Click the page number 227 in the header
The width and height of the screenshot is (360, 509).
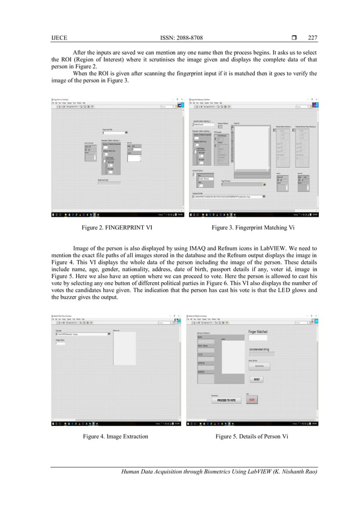[313, 38]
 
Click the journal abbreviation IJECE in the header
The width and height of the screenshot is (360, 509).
[58, 38]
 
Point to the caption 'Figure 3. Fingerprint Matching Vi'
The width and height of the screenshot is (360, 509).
[252, 227]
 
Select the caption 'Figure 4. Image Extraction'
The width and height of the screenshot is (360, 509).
[116, 436]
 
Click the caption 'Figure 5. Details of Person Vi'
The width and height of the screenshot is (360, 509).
[252, 436]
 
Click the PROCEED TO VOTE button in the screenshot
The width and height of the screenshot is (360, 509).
[226, 400]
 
